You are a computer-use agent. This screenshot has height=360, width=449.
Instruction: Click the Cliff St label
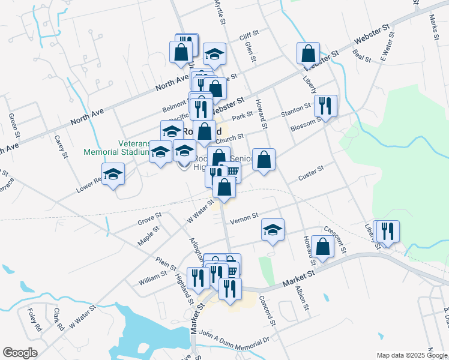click(249, 37)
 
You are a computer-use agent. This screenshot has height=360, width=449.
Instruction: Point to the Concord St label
click(267, 310)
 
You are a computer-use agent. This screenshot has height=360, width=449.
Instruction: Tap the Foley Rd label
click(34, 319)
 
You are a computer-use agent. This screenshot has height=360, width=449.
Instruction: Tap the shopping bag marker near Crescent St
click(323, 247)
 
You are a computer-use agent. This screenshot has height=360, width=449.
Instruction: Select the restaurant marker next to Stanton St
click(325, 106)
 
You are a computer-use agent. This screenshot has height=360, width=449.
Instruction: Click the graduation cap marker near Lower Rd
click(113, 175)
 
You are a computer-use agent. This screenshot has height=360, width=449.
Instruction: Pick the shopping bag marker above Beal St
click(308, 53)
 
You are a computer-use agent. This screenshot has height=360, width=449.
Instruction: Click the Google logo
click(20, 353)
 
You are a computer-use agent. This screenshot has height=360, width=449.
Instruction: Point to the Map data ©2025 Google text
click(412, 355)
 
